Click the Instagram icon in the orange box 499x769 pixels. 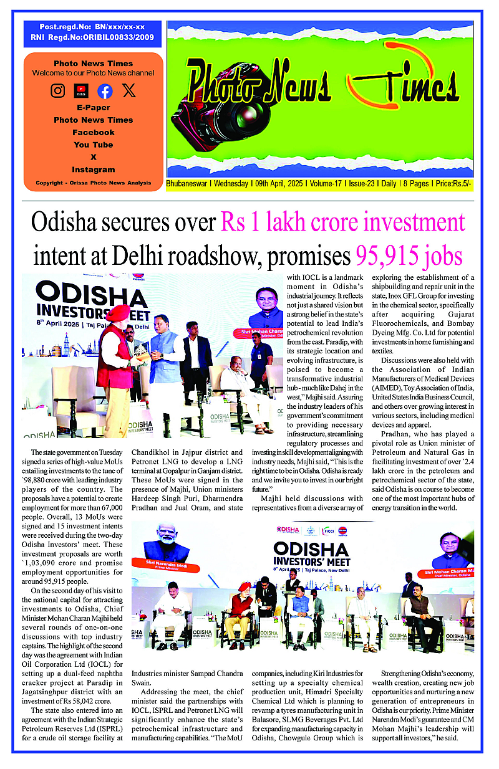pos(58,91)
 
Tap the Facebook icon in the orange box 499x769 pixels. pos(105,91)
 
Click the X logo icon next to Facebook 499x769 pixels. pos(128,91)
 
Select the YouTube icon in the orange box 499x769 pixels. pos(81,91)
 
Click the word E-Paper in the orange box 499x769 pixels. pos(94,108)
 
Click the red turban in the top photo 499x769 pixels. pos(118,313)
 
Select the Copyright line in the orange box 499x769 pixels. pos(94,183)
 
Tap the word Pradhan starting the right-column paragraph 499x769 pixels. pos(395,434)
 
